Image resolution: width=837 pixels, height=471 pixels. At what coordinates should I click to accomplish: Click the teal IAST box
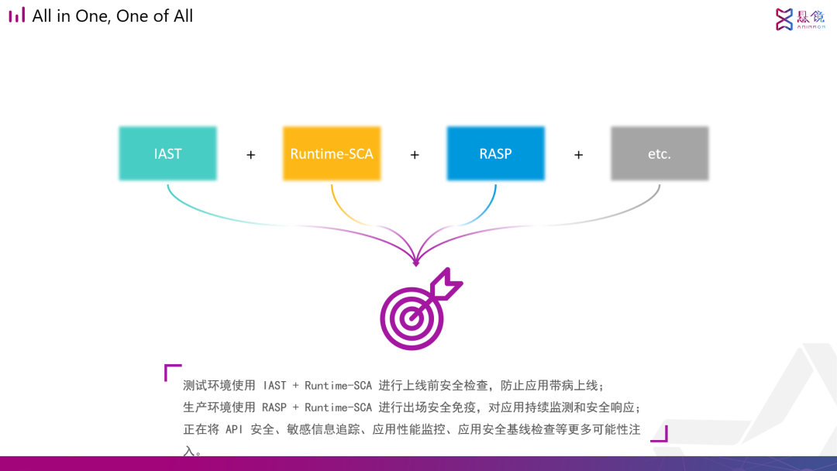(167, 153)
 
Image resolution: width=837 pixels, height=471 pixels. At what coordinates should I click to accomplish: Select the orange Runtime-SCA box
(332, 153)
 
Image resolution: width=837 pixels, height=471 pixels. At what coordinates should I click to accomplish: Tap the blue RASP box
(495, 153)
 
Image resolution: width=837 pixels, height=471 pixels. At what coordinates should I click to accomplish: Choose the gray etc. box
(660, 153)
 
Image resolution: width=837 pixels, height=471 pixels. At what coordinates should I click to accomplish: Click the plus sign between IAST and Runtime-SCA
(250, 155)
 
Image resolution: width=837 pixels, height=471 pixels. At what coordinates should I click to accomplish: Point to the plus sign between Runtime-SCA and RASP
(415, 155)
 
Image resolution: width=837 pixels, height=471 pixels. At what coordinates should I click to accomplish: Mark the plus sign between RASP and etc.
(578, 155)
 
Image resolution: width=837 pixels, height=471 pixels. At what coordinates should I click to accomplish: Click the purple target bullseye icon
(412, 318)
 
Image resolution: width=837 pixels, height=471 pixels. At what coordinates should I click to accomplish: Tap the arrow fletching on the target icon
(448, 284)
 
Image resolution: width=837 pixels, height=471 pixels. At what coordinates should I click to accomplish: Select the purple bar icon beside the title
(17, 15)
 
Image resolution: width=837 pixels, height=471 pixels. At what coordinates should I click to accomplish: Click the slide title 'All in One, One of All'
(112, 15)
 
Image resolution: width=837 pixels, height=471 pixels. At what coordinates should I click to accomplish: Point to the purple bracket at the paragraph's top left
(172, 373)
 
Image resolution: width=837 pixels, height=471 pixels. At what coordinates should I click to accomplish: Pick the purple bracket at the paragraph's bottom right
(660, 434)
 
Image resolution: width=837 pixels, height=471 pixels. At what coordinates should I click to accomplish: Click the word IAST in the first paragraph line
(274, 385)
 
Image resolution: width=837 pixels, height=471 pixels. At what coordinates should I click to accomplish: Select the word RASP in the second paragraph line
(274, 407)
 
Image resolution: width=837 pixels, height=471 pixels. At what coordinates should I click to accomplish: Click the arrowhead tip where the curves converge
(416, 263)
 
